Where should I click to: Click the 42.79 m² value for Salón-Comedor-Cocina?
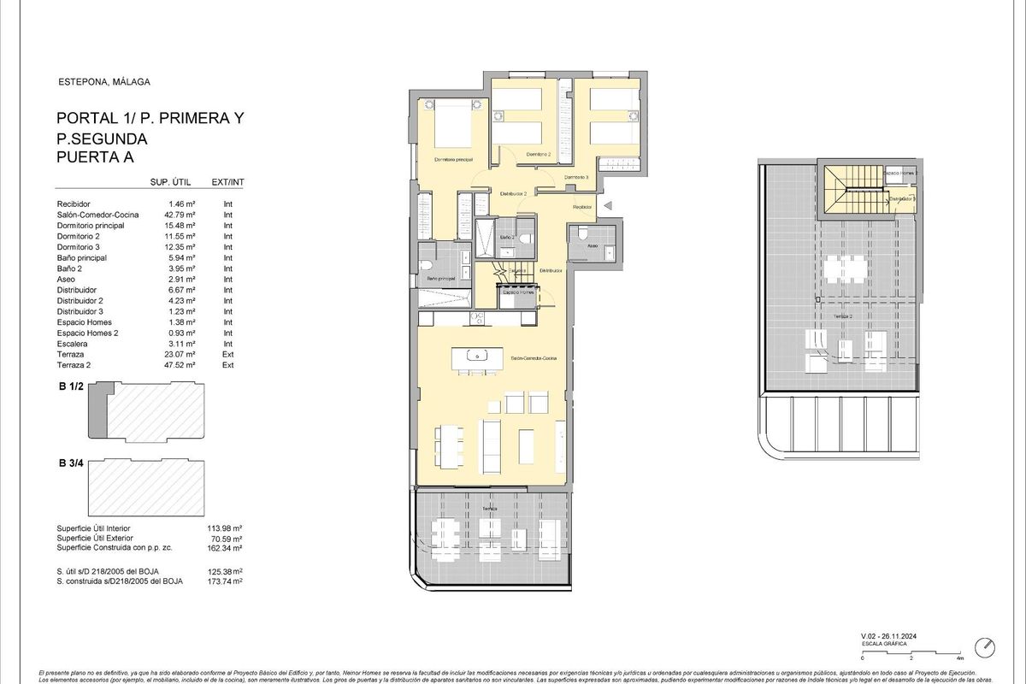pyautogui.click(x=181, y=215)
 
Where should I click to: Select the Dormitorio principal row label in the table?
pyautogui.click(x=91, y=226)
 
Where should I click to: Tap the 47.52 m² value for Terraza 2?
pyautogui.click(x=181, y=364)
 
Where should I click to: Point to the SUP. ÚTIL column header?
pyautogui.click(x=168, y=182)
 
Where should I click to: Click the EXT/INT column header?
pyautogui.click(x=227, y=182)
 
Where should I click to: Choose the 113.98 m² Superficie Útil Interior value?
pyautogui.click(x=226, y=529)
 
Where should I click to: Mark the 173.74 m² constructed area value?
pyautogui.click(x=226, y=581)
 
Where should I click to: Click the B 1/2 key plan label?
pyautogui.click(x=70, y=387)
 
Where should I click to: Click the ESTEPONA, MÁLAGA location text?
pyautogui.click(x=91, y=82)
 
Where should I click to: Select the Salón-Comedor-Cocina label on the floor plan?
pyautogui.click(x=534, y=359)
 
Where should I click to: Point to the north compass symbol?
pyautogui.click(x=986, y=645)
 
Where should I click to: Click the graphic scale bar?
pyautogui.click(x=911, y=651)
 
